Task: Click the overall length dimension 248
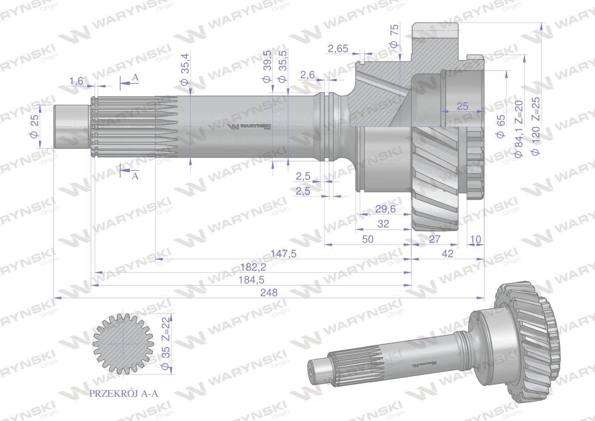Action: (269, 293)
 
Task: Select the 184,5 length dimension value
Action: (251, 280)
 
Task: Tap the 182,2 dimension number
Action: (253, 267)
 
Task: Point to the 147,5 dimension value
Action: (283, 254)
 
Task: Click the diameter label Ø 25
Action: (34, 126)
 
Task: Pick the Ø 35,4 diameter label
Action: (185, 70)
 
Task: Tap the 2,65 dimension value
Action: (338, 49)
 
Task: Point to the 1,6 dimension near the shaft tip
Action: (76, 81)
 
